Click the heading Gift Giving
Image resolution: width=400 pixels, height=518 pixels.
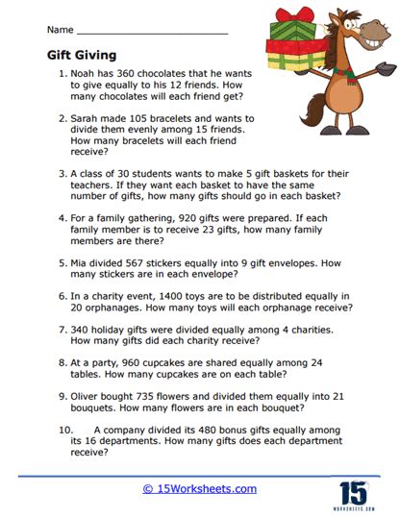click(83, 56)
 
